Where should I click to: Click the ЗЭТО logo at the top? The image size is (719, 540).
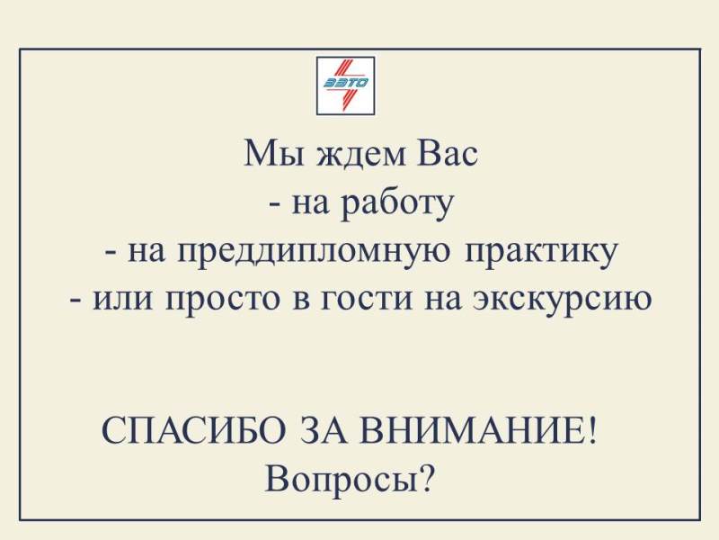346,85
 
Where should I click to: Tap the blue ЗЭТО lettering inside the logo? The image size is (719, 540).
346,83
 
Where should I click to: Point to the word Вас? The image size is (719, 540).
447,153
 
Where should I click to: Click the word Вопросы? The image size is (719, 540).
342,481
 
